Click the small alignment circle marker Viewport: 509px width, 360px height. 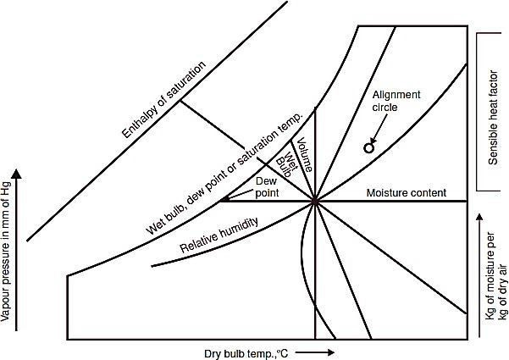tap(368, 148)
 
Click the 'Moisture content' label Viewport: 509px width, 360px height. tap(405, 194)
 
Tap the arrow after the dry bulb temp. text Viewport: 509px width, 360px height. tap(318, 352)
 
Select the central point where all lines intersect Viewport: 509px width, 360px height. tap(315, 202)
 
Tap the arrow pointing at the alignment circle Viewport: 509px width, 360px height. tap(373, 136)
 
